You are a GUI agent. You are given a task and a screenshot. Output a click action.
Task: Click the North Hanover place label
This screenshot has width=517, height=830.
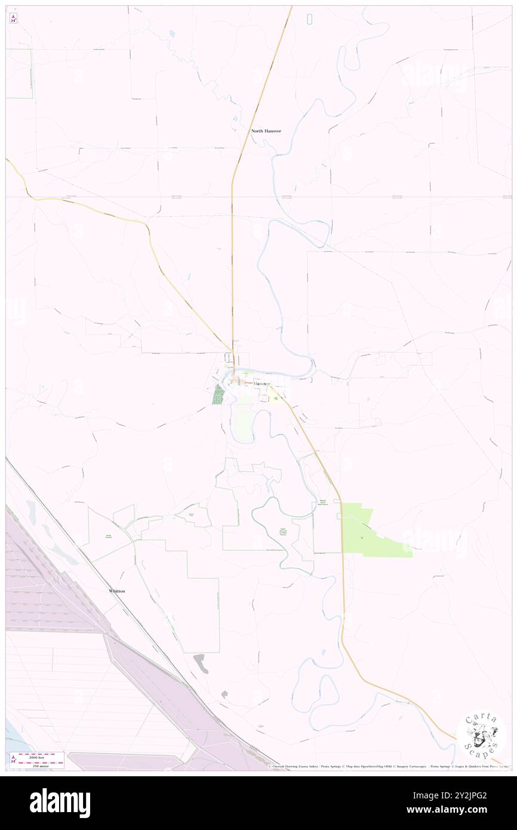coord(266,131)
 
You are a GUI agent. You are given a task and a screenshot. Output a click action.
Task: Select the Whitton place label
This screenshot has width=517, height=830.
coord(117,591)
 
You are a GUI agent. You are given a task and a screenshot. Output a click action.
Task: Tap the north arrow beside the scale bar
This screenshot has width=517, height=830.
coord(13,760)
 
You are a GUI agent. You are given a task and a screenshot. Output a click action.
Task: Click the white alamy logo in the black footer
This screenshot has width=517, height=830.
coord(60,803)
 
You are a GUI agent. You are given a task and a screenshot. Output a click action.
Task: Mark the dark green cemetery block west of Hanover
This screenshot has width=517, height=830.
coord(219,395)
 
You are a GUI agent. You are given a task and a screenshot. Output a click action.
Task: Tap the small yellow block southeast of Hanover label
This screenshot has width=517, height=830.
coord(275,395)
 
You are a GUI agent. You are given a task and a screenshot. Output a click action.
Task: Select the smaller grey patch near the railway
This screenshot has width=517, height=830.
coord(224,694)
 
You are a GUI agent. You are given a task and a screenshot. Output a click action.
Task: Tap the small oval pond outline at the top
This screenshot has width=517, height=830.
coord(309,19)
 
